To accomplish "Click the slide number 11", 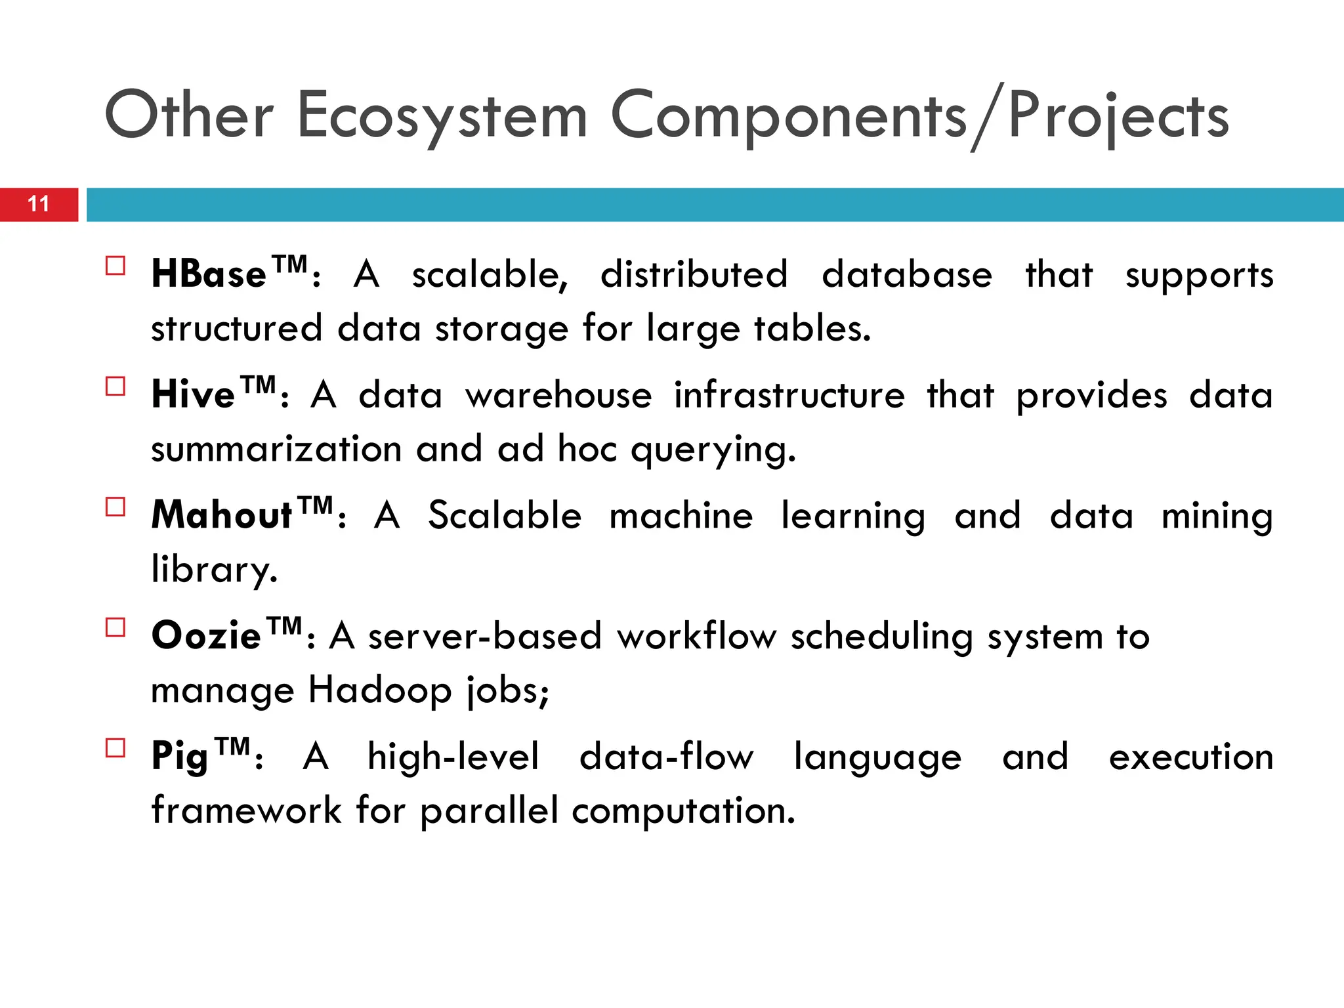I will pos(39,204).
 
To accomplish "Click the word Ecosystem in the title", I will pos(442,117).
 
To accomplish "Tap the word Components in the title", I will pos(788,117).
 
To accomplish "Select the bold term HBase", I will pos(209,274).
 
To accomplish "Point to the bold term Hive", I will pos(193,394).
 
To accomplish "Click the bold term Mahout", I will pos(221,515).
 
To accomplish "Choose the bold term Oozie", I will pos(206,636).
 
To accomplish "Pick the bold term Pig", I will pos(179,757).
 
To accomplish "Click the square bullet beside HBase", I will pos(115,266).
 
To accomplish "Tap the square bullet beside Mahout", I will pos(115,507).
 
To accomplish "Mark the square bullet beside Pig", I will pos(115,749).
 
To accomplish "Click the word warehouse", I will pos(558,395).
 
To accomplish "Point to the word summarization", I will pos(276,450).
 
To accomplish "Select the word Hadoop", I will pos(380,690).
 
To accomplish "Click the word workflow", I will pos(696,636).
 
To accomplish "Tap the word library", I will pos(214,570).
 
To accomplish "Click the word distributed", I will pos(694,274).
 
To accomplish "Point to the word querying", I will pos(713,451).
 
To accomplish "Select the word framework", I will pos(246,811).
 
